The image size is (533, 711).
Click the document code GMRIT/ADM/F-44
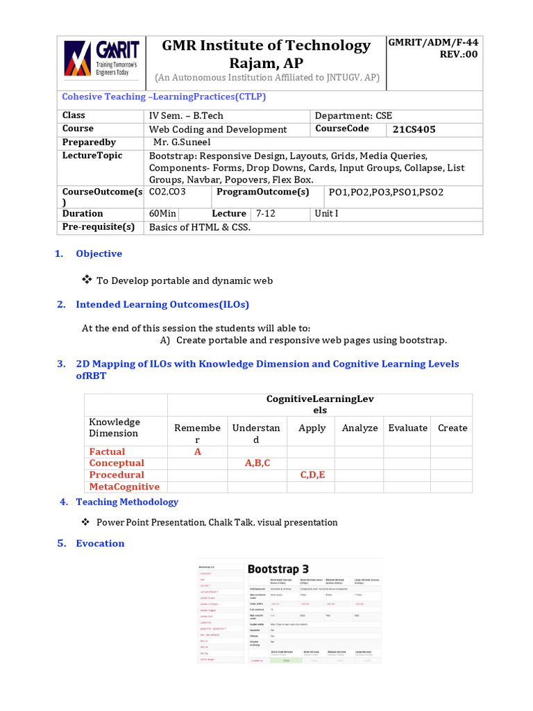click(x=433, y=42)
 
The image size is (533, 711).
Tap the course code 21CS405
click(x=414, y=129)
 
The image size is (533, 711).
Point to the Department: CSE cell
click(x=353, y=116)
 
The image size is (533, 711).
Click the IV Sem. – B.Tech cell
click(x=186, y=116)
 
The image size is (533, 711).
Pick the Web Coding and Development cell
click(x=217, y=129)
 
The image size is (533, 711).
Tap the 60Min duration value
click(x=162, y=214)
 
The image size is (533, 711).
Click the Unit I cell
click(x=326, y=214)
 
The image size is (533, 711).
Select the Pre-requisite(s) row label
click(x=98, y=227)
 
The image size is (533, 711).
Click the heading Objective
click(x=99, y=254)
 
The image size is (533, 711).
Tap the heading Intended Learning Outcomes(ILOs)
click(x=162, y=304)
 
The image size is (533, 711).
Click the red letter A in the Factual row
click(x=197, y=452)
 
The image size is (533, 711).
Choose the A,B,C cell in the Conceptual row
click(x=257, y=463)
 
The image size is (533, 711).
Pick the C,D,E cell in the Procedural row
click(x=312, y=475)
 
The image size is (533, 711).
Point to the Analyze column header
click(x=359, y=428)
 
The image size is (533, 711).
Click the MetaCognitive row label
click(x=124, y=487)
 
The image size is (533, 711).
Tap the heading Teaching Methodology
click(x=127, y=502)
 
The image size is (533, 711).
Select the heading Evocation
click(x=100, y=544)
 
